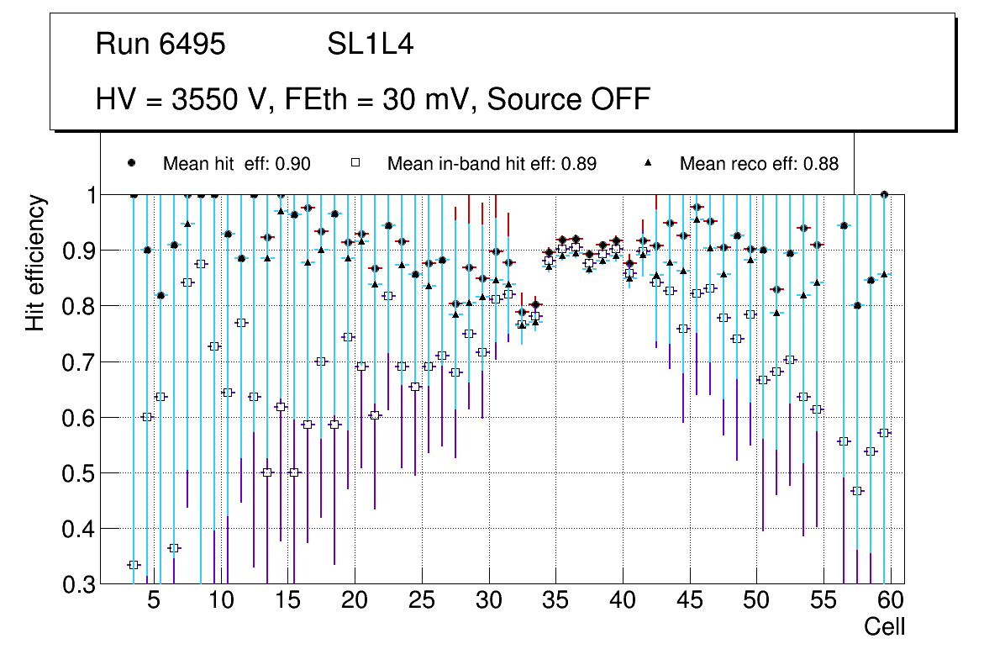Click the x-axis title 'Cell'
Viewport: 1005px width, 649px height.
tap(884, 627)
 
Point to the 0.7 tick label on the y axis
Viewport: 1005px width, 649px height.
tap(78, 362)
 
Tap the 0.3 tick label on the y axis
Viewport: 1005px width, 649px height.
tap(78, 584)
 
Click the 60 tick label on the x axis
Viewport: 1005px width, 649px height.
tap(891, 603)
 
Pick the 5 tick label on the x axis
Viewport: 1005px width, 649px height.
tap(154, 603)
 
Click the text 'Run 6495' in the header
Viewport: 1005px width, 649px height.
tap(160, 45)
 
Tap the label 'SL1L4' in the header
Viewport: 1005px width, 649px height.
tap(370, 45)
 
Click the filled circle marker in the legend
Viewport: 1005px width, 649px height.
tap(131, 163)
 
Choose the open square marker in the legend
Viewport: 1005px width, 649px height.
tap(355, 163)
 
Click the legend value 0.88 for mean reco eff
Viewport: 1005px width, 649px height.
tap(821, 164)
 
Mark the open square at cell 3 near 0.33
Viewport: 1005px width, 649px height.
tap(134, 565)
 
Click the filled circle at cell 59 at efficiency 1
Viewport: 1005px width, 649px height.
tap(884, 194)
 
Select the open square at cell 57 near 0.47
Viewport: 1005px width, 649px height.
tap(857, 491)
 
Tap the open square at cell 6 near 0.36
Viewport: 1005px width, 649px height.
tap(174, 548)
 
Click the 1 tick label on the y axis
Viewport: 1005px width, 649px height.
tap(87, 195)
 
